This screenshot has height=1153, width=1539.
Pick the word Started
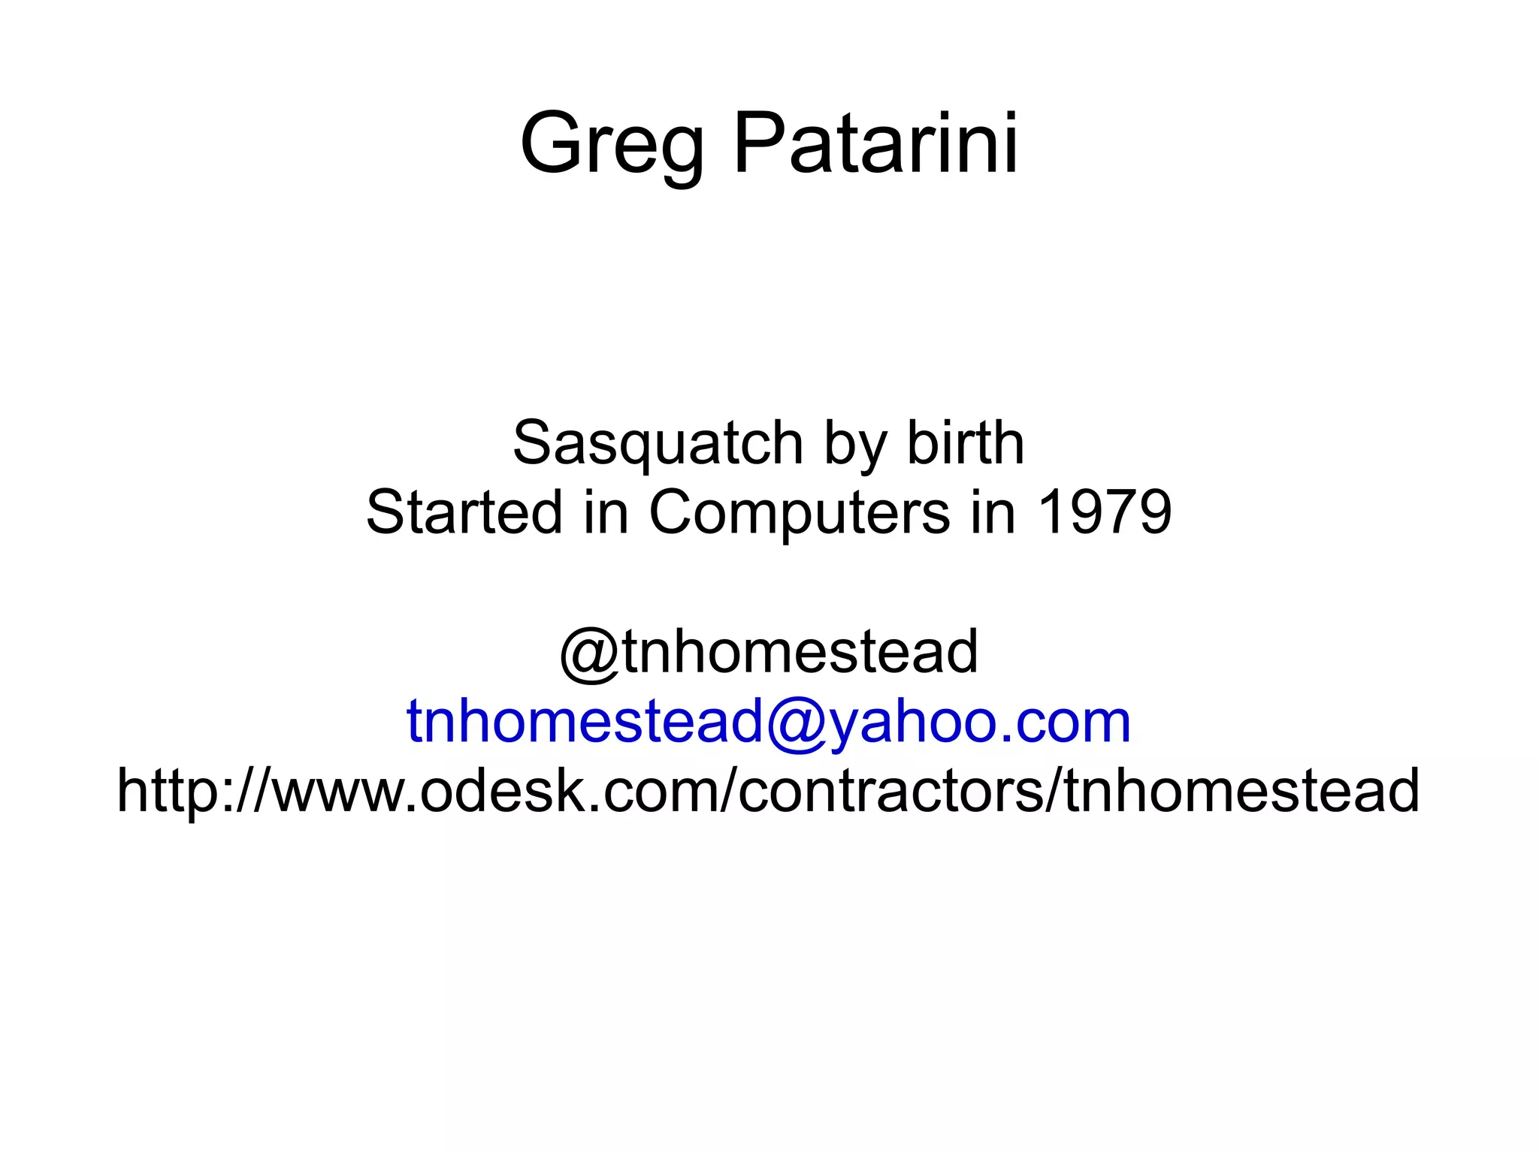tap(464, 512)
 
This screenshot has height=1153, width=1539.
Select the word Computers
tap(799, 512)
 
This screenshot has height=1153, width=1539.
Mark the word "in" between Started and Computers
tap(606, 512)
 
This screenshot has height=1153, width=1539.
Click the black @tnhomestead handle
tap(769, 651)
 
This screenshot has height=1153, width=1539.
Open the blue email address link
tap(769, 721)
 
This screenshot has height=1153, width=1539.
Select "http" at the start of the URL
tap(163, 791)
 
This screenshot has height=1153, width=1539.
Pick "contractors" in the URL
tap(890, 791)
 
